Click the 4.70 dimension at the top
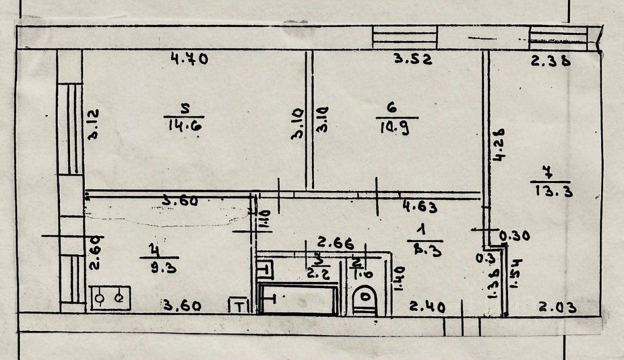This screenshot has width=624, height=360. point(189,59)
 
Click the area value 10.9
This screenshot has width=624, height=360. point(393,127)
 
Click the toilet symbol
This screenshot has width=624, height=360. point(366,301)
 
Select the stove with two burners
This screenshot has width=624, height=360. point(110,298)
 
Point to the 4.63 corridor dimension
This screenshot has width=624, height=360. point(420,207)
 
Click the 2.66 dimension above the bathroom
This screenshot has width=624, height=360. point(336,243)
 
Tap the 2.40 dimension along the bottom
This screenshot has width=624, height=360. point(426,307)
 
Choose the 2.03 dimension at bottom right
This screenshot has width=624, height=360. point(557,308)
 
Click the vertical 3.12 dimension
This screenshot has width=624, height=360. point(94,123)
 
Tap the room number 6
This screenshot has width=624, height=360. point(392,108)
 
